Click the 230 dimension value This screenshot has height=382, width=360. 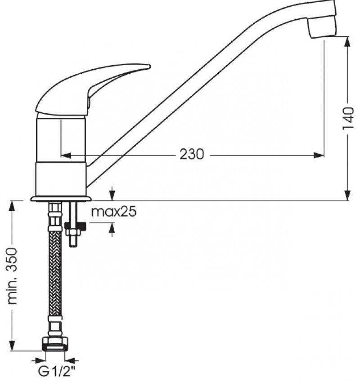point(192,154)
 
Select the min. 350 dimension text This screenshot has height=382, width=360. point(13,275)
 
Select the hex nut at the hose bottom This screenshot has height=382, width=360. point(55,344)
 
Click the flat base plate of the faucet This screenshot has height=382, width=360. point(61,198)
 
